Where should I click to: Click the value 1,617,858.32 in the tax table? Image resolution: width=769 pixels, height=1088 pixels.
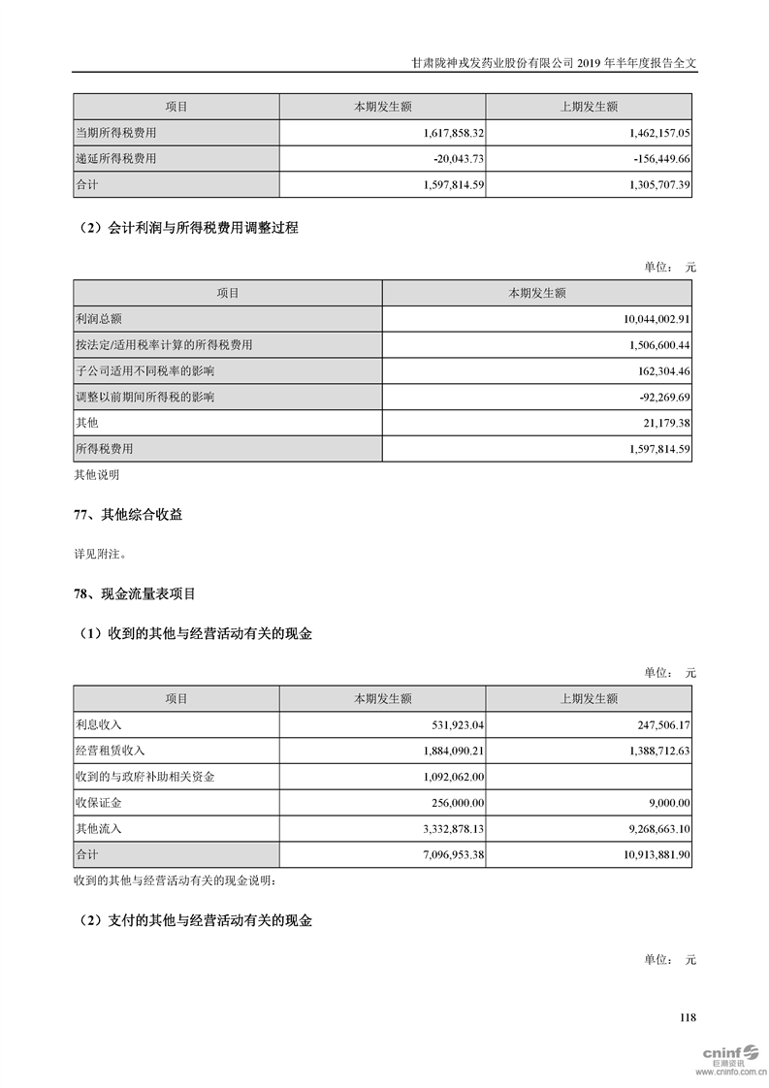[441, 133]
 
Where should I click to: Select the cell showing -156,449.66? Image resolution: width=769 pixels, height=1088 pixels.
[649, 158]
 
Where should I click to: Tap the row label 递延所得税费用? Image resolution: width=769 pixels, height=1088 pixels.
[115, 158]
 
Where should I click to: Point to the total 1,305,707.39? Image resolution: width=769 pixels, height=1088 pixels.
[648, 183]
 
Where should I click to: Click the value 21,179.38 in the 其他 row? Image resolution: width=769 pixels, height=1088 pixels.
[657, 423]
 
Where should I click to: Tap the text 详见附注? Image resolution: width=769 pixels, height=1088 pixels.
[101, 555]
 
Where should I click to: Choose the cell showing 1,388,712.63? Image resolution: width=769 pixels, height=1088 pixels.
[649, 751]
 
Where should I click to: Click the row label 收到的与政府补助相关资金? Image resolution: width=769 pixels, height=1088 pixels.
[145, 777]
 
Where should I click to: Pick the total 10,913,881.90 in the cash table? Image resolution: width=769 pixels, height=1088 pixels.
[645, 854]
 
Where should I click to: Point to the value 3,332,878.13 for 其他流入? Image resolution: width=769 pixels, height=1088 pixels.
[441, 829]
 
